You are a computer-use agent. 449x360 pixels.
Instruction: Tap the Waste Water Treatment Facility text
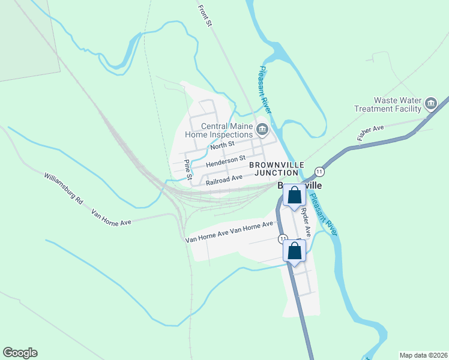(x=394, y=104)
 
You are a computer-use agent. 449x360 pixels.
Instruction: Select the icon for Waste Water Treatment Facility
(x=431, y=104)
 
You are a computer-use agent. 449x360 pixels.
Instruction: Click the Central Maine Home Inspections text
(x=218, y=130)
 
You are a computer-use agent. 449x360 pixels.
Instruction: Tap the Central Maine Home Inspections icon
(x=262, y=130)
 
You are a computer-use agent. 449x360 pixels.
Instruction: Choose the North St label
(x=222, y=146)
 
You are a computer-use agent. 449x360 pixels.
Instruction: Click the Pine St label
(x=187, y=170)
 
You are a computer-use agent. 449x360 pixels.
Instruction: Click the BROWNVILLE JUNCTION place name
(x=277, y=169)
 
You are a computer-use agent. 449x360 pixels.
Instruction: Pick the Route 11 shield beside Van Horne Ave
(x=282, y=239)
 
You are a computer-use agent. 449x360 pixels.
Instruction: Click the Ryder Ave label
(x=306, y=221)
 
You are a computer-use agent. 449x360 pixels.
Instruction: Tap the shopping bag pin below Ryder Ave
(x=294, y=252)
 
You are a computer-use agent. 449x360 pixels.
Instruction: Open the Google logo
(x=20, y=353)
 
